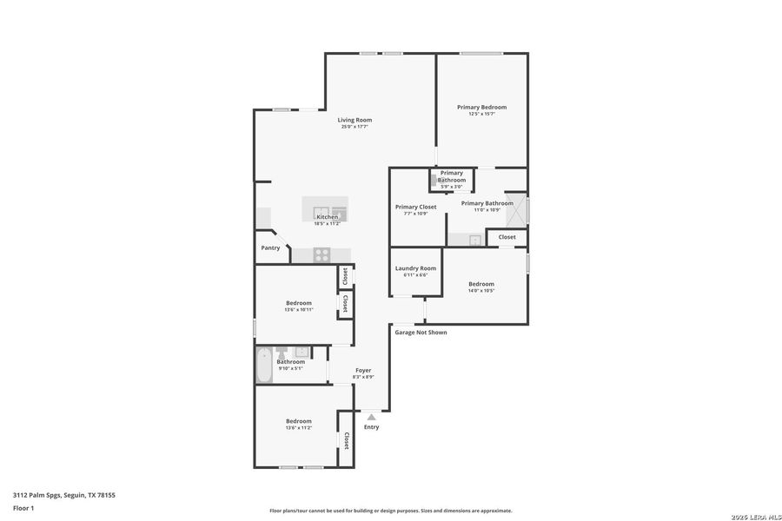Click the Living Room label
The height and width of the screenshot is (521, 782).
[x=355, y=120]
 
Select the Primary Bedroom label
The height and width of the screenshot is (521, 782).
[x=481, y=108]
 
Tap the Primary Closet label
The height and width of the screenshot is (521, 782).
[x=415, y=207]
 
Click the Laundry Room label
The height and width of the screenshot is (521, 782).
[x=415, y=268]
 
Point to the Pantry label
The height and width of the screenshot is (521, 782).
[x=270, y=247]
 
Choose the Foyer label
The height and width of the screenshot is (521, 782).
[x=363, y=370]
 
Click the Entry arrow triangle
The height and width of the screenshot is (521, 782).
[x=371, y=418]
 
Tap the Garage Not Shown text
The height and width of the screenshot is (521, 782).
[x=421, y=332]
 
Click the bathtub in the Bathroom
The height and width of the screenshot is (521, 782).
[x=263, y=366]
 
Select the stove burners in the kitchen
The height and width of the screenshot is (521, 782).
[x=321, y=254]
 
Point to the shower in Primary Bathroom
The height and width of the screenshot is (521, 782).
[x=518, y=211]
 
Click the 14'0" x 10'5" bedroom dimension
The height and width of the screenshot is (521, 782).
[x=481, y=291]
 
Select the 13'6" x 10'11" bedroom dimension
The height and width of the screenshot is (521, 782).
[x=299, y=310]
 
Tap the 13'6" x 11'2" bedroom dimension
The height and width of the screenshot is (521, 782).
[x=299, y=428]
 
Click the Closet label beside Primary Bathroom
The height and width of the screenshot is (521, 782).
[x=507, y=236]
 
